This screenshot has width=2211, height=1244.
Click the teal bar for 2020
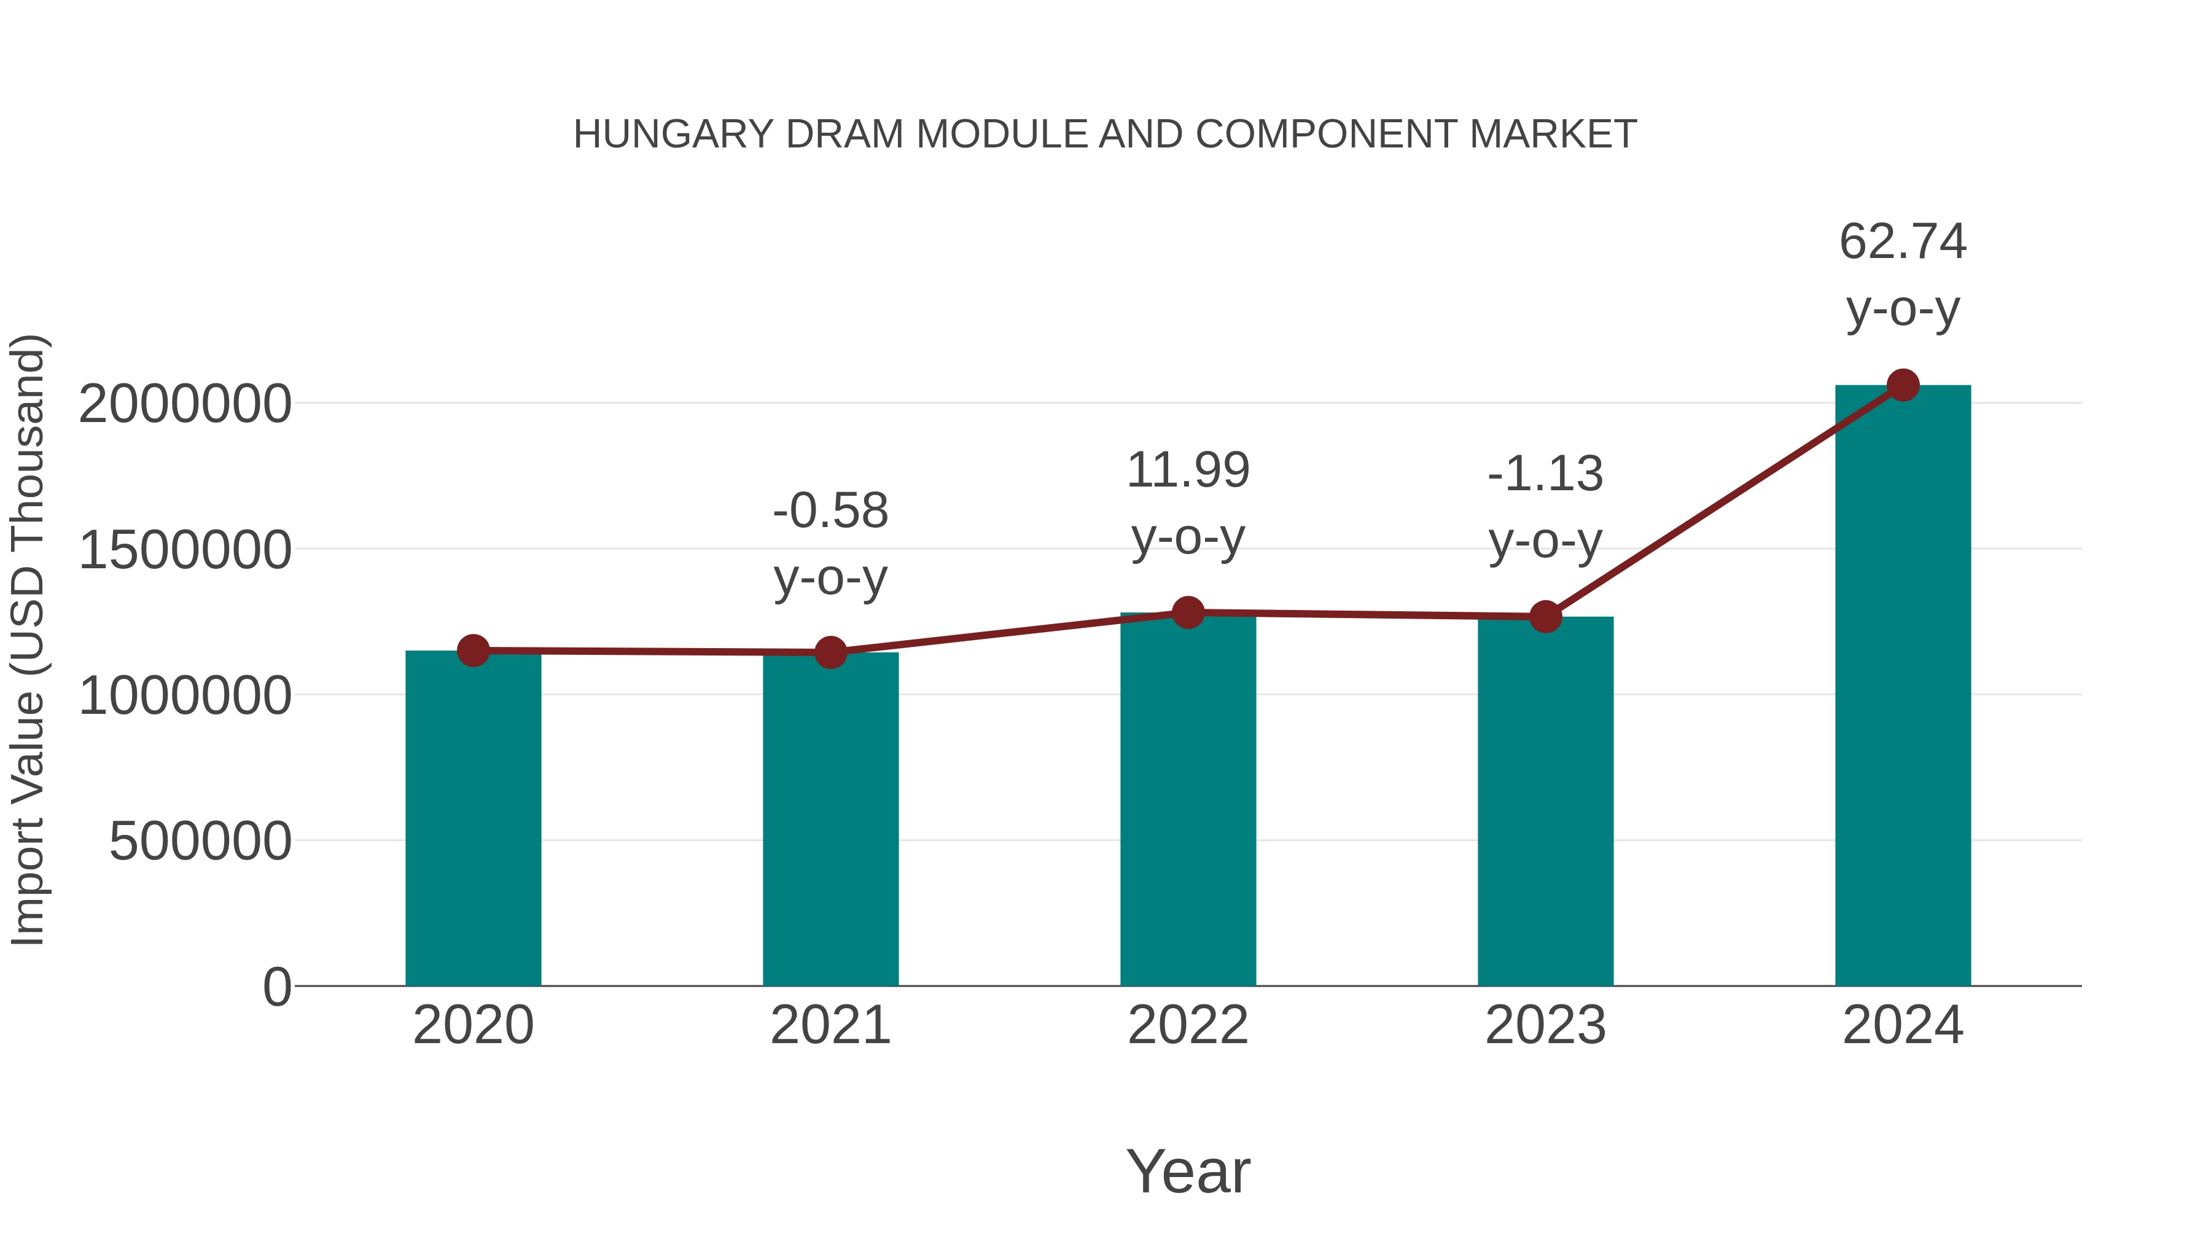click(473, 820)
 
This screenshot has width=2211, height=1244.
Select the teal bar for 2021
click(830, 820)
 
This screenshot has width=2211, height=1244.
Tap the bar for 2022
click(1188, 803)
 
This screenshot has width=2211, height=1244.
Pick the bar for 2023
click(1545, 803)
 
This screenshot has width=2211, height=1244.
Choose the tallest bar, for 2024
click(1903, 687)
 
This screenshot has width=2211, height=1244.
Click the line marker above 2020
click(473, 651)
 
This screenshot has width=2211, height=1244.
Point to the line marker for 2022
click(1188, 612)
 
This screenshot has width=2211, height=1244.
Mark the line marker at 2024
click(1903, 385)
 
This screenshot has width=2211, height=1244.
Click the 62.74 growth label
click(1903, 242)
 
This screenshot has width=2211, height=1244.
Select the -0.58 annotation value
click(830, 512)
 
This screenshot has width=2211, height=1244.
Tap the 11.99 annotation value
click(1188, 471)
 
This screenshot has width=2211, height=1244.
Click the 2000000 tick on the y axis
click(184, 404)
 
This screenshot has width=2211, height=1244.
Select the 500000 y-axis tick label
click(200, 842)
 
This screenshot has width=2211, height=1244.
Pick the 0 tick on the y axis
click(276, 987)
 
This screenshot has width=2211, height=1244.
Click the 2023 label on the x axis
click(1545, 1026)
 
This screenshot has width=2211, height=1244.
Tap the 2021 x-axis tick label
click(830, 1026)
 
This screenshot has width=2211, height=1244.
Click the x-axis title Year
click(1188, 1172)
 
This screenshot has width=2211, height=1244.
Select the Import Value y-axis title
click(28, 640)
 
